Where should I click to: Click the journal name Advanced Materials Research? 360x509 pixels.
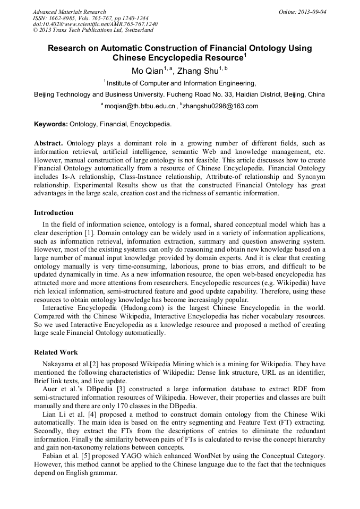click(x=69, y=12)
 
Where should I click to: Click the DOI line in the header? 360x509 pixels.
click(x=95, y=24)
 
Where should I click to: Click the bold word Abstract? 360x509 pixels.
click(x=48, y=143)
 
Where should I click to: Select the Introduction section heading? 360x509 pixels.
click(x=54, y=213)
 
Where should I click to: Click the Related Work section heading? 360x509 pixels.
click(x=56, y=352)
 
